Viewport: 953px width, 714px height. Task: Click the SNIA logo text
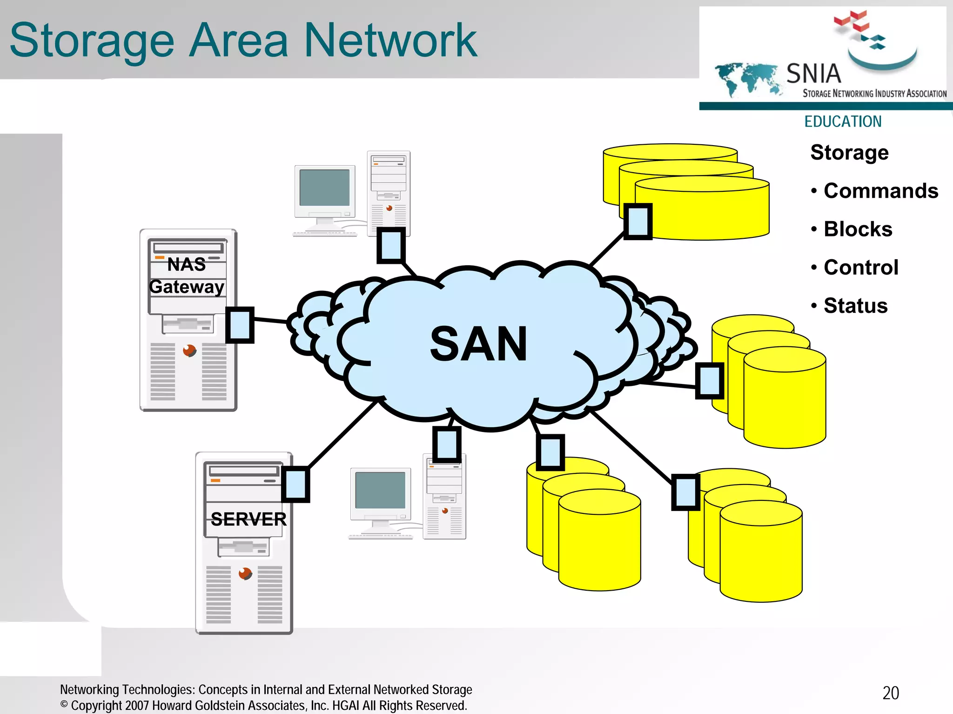click(x=813, y=74)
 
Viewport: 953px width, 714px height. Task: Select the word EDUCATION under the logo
click(x=843, y=121)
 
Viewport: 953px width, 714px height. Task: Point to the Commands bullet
click(x=880, y=191)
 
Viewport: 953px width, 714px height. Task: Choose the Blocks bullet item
click(x=858, y=229)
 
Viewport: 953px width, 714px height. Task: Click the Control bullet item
click(x=860, y=267)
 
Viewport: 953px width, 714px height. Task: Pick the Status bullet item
click(x=855, y=306)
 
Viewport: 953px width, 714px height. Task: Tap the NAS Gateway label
click(x=187, y=276)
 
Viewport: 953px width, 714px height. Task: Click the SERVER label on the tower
click(x=248, y=519)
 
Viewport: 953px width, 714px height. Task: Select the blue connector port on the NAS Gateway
click(x=240, y=325)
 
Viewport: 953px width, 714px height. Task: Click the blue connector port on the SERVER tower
click(x=295, y=484)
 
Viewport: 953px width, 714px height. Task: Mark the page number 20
click(x=891, y=693)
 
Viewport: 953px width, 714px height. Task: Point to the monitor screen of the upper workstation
click(x=324, y=188)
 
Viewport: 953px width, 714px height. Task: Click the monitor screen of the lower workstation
click(x=380, y=490)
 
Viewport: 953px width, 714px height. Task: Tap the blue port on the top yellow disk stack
click(x=638, y=222)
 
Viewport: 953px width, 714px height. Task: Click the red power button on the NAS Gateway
click(x=189, y=350)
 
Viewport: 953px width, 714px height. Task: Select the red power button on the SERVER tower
click(x=245, y=573)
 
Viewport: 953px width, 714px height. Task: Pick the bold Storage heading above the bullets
click(x=849, y=153)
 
